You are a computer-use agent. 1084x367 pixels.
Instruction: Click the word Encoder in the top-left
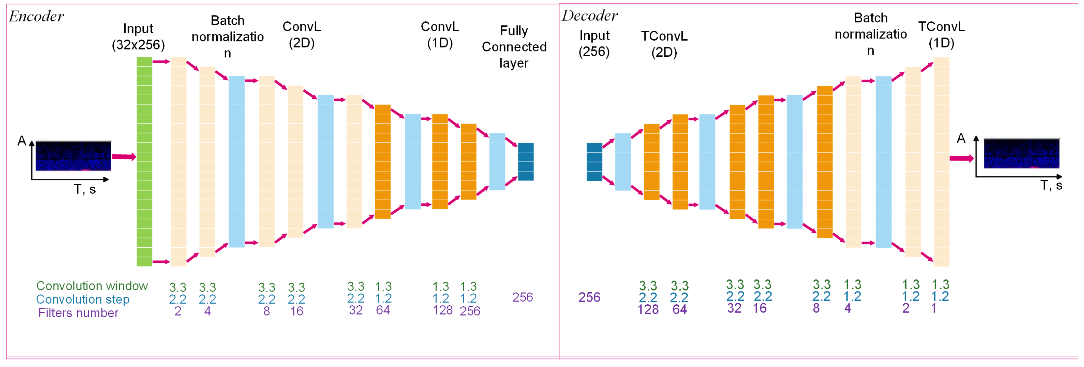(37, 16)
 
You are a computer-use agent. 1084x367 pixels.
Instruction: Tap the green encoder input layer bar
(144, 162)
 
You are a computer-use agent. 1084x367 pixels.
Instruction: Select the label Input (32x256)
(138, 37)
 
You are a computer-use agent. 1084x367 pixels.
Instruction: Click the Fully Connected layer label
(514, 47)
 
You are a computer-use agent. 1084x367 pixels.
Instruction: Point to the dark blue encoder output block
(526, 162)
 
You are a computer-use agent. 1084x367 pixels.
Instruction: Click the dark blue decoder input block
(594, 162)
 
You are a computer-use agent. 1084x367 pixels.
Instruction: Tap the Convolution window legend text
(92, 286)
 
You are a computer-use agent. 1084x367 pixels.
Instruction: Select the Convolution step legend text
(82, 299)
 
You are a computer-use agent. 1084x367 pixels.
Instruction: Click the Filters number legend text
(78, 313)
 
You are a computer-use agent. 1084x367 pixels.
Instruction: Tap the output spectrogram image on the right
(1021, 154)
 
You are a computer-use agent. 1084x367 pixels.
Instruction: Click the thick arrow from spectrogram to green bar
(124, 157)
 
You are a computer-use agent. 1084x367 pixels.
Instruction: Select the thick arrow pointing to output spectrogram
(962, 158)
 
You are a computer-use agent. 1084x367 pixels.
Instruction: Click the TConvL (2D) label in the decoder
(664, 44)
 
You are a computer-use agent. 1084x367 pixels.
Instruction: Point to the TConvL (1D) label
(941, 35)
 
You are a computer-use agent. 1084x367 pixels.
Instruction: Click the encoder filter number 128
(442, 311)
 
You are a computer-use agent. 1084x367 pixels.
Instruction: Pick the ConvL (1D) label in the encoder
(440, 35)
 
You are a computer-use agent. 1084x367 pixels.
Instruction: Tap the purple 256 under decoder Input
(589, 297)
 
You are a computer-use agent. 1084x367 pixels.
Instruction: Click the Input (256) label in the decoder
(594, 43)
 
